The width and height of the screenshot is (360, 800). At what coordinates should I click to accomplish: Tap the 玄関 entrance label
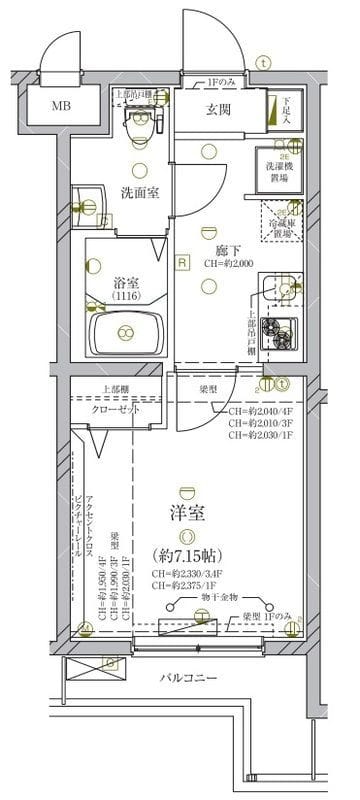tap(220, 110)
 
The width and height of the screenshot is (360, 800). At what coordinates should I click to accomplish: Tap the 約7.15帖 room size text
tap(188, 554)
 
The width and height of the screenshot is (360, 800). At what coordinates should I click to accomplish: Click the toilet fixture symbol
tap(139, 117)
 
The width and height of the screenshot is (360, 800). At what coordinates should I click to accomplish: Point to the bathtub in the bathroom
tap(125, 333)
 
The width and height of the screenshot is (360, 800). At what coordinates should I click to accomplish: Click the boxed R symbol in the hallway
tap(182, 263)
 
